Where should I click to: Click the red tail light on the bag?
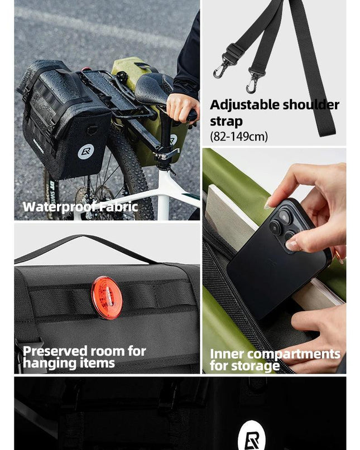pyautogui.click(x=107, y=298)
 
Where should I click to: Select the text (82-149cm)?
pyautogui.click(x=239, y=136)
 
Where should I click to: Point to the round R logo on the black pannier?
pyautogui.click(x=85, y=152)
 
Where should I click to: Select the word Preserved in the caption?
pyautogui.click(x=55, y=351)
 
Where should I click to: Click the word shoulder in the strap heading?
pyautogui.click(x=311, y=105)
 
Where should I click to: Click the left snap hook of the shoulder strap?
pyautogui.click(x=220, y=70)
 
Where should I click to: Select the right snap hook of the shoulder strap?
pyautogui.click(x=252, y=84)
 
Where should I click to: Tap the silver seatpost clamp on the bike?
pyautogui.click(x=167, y=154)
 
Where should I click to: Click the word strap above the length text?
pyautogui.click(x=227, y=122)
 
